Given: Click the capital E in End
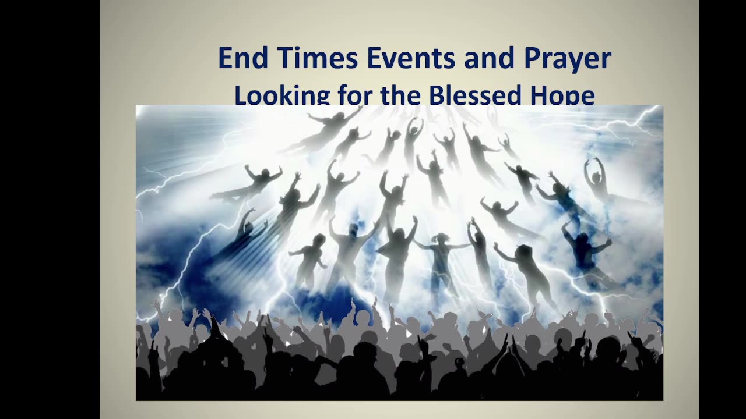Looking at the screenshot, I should coord(224,59).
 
